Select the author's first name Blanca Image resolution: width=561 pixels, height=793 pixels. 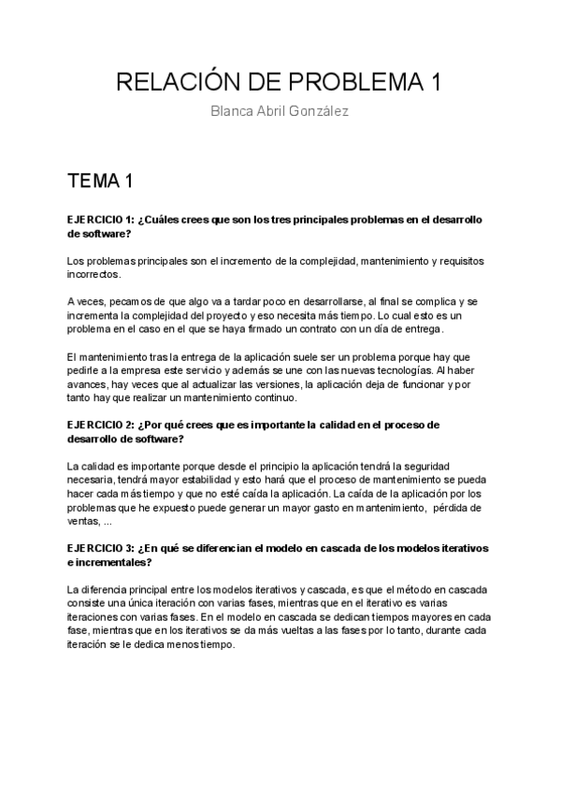pos(235,112)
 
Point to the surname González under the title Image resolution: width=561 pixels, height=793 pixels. pos(319,112)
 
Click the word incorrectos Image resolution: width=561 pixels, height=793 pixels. pos(93,276)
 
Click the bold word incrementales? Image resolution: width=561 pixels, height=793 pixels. pos(111,562)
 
